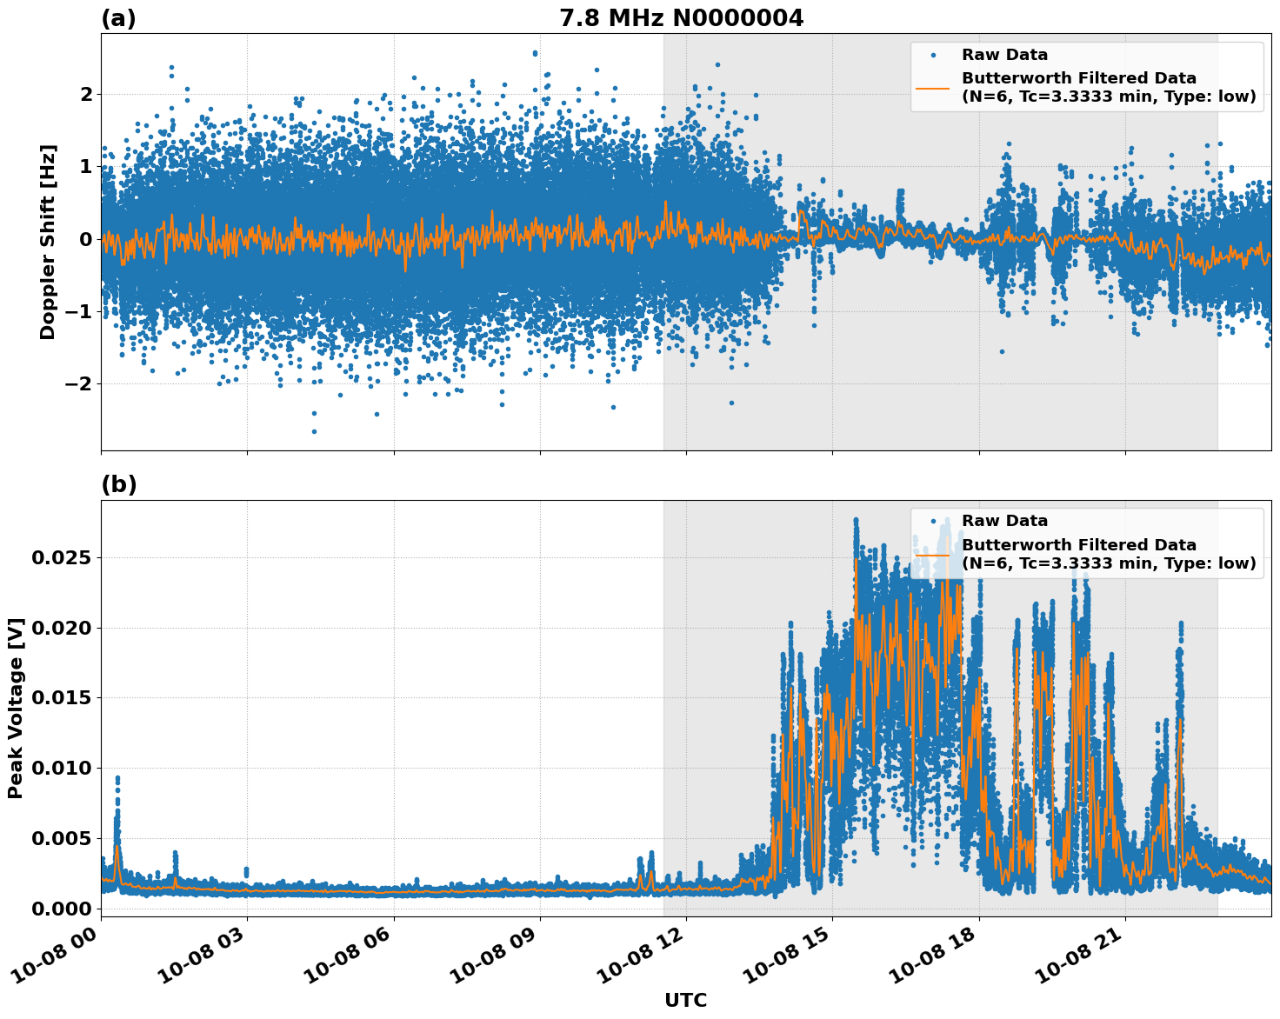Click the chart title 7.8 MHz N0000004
(681, 18)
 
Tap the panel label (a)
(118, 18)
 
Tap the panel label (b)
(118, 485)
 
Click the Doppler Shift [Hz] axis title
(48, 242)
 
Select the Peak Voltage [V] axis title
(16, 708)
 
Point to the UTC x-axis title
(685, 1000)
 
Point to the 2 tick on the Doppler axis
(85, 94)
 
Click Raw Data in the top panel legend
(1004, 56)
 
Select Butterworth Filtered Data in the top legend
(1078, 78)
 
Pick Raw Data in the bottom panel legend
(1004, 521)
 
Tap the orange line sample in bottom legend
(933, 554)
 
